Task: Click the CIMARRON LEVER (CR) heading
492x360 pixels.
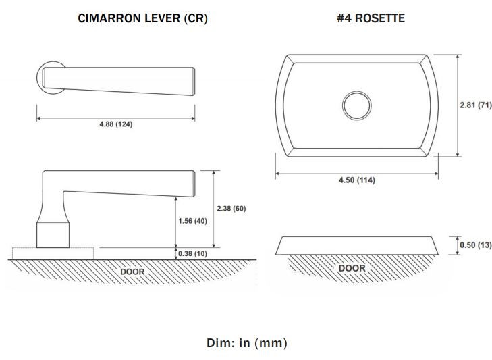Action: (143, 18)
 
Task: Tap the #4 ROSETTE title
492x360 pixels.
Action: (371, 18)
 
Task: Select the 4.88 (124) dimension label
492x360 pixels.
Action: (116, 124)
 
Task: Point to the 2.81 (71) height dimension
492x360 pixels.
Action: (476, 105)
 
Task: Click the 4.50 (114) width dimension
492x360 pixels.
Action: (357, 180)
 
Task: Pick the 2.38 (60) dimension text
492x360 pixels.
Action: (231, 208)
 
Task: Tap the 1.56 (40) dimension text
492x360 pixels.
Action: (192, 221)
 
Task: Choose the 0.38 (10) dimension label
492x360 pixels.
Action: (192, 253)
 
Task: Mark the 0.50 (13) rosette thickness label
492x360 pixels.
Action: (476, 245)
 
